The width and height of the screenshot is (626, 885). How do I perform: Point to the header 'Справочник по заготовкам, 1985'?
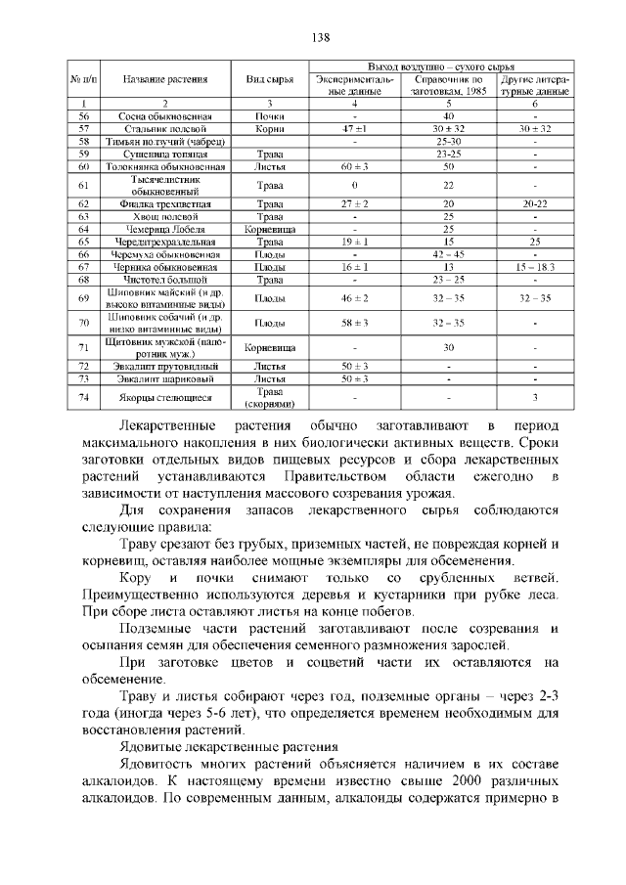point(448,84)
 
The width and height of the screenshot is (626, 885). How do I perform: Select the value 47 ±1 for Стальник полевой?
point(354,128)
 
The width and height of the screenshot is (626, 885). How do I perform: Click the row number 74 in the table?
point(84,397)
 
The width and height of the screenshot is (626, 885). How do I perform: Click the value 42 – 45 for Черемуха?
point(448,254)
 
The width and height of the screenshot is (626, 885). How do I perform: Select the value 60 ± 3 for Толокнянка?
point(354,167)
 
